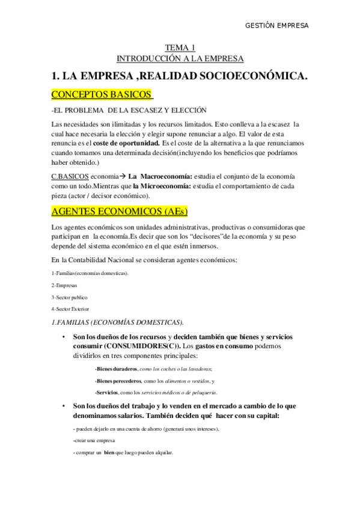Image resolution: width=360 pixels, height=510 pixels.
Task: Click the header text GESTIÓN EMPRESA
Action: click(278, 26)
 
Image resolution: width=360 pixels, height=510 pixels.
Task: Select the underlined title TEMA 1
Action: click(180, 48)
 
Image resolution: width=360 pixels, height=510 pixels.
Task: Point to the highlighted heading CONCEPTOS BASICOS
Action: click(102, 95)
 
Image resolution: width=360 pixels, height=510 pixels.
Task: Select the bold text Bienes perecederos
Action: click(118, 381)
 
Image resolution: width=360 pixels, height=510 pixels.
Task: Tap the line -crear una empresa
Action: click(92, 440)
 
